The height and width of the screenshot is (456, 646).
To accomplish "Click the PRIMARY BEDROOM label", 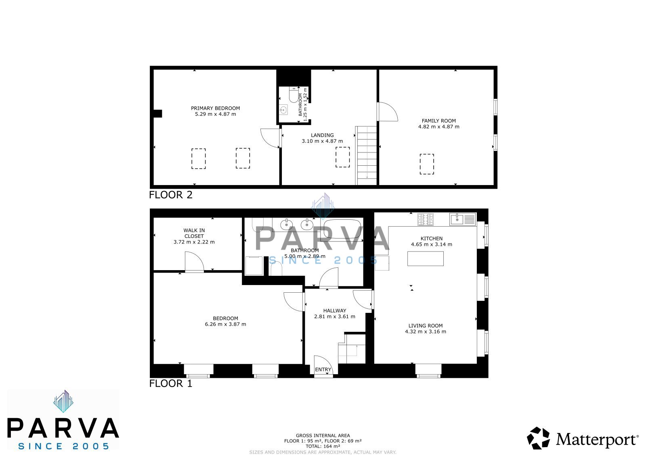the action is [x=215, y=108].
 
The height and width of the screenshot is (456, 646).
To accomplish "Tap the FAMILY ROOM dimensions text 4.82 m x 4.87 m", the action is [x=438, y=127].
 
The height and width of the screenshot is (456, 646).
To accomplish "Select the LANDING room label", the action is [x=322, y=135].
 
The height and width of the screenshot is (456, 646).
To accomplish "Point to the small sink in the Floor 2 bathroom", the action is [x=283, y=110].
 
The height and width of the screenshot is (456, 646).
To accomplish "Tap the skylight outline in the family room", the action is [x=427, y=164].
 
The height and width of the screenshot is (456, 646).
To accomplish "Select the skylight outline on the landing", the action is [x=343, y=157].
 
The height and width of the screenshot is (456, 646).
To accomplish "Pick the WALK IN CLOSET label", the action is [x=194, y=233].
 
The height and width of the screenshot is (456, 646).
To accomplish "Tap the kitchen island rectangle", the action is [x=426, y=258].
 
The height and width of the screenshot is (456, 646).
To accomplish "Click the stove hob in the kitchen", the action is [x=426, y=219].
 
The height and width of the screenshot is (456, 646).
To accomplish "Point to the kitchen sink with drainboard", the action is [x=463, y=219].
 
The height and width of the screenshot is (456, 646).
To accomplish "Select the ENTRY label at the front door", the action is [x=323, y=369].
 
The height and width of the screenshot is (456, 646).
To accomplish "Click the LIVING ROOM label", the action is [x=426, y=325].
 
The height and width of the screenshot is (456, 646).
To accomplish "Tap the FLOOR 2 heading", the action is [x=171, y=195].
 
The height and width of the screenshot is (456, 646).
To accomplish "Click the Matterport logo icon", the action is [x=538, y=438].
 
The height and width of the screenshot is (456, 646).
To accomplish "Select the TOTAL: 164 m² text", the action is [x=323, y=446].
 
